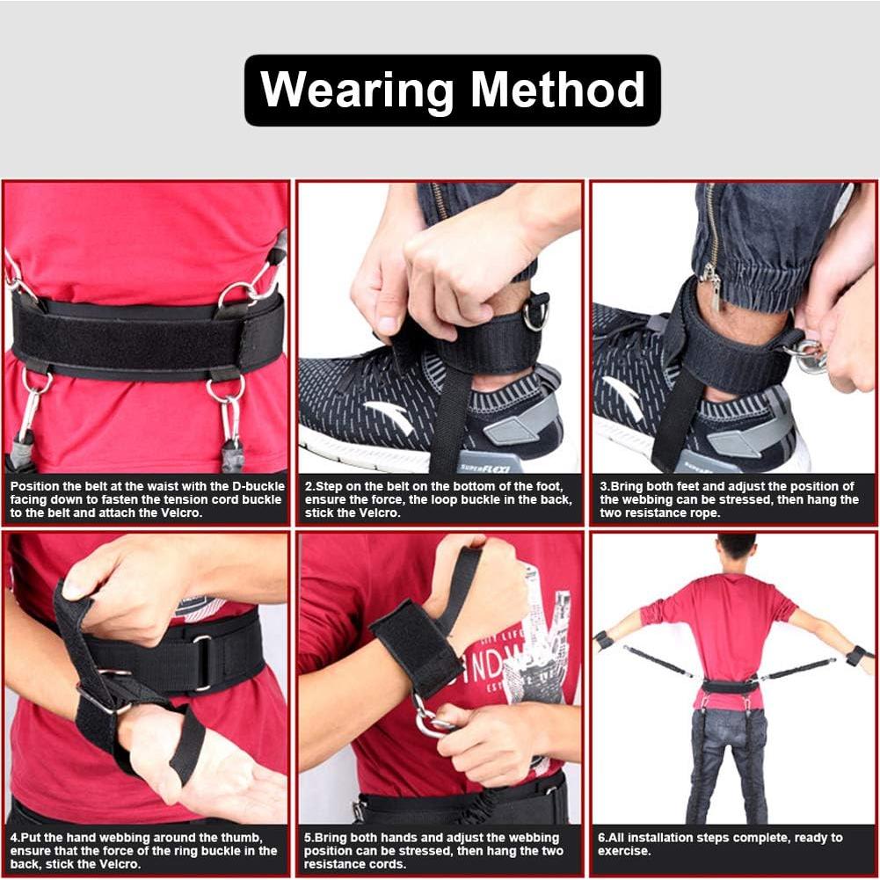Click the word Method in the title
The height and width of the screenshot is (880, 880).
pos(557,91)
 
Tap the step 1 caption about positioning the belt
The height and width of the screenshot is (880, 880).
pos(147,499)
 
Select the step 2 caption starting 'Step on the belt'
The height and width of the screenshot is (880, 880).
pos(439,499)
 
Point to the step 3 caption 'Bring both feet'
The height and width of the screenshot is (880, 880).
pos(731,499)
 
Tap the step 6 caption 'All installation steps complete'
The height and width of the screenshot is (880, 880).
pos(721,845)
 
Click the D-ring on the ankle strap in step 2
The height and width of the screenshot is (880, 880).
pos(535,315)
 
